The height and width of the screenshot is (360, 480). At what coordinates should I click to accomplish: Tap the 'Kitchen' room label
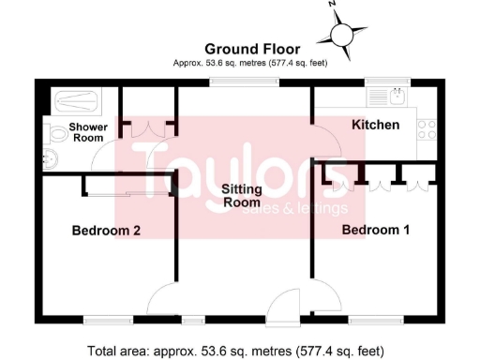pos(375,125)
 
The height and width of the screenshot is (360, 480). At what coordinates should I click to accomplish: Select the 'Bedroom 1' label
pos(376,230)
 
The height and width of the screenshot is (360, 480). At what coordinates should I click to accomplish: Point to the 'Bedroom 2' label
pos(106,230)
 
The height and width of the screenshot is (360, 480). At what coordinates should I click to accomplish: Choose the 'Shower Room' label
pos(88,132)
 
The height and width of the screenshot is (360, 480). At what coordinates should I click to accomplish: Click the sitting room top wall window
pos(243,82)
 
